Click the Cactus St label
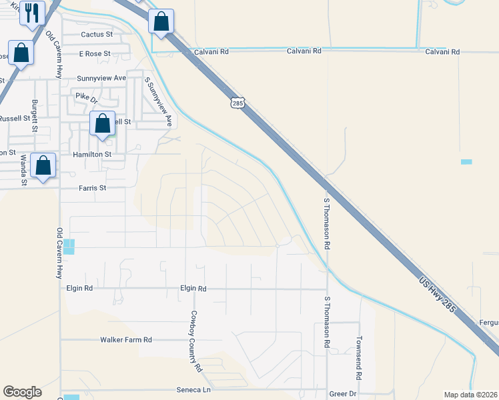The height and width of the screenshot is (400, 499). [97, 34]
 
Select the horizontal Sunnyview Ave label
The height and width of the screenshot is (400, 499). [101, 78]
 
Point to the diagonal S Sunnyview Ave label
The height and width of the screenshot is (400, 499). [159, 102]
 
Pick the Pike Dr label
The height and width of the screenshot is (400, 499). [86, 97]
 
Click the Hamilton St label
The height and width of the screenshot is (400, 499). [92, 153]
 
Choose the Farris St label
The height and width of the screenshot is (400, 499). [93, 188]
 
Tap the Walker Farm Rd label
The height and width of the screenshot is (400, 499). [126, 339]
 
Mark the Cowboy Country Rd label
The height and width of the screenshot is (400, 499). [195, 340]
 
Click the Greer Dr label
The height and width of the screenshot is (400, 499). [343, 394]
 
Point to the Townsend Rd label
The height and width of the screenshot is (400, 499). [358, 357]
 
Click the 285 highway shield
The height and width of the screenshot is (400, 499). [239, 103]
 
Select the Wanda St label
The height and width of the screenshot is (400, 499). [23, 169]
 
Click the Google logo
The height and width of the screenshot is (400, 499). [22, 392]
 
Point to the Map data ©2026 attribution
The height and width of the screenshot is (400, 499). [470, 395]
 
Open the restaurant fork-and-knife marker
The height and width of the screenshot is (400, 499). [32, 13]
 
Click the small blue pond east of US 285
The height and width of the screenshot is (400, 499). [466, 162]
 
